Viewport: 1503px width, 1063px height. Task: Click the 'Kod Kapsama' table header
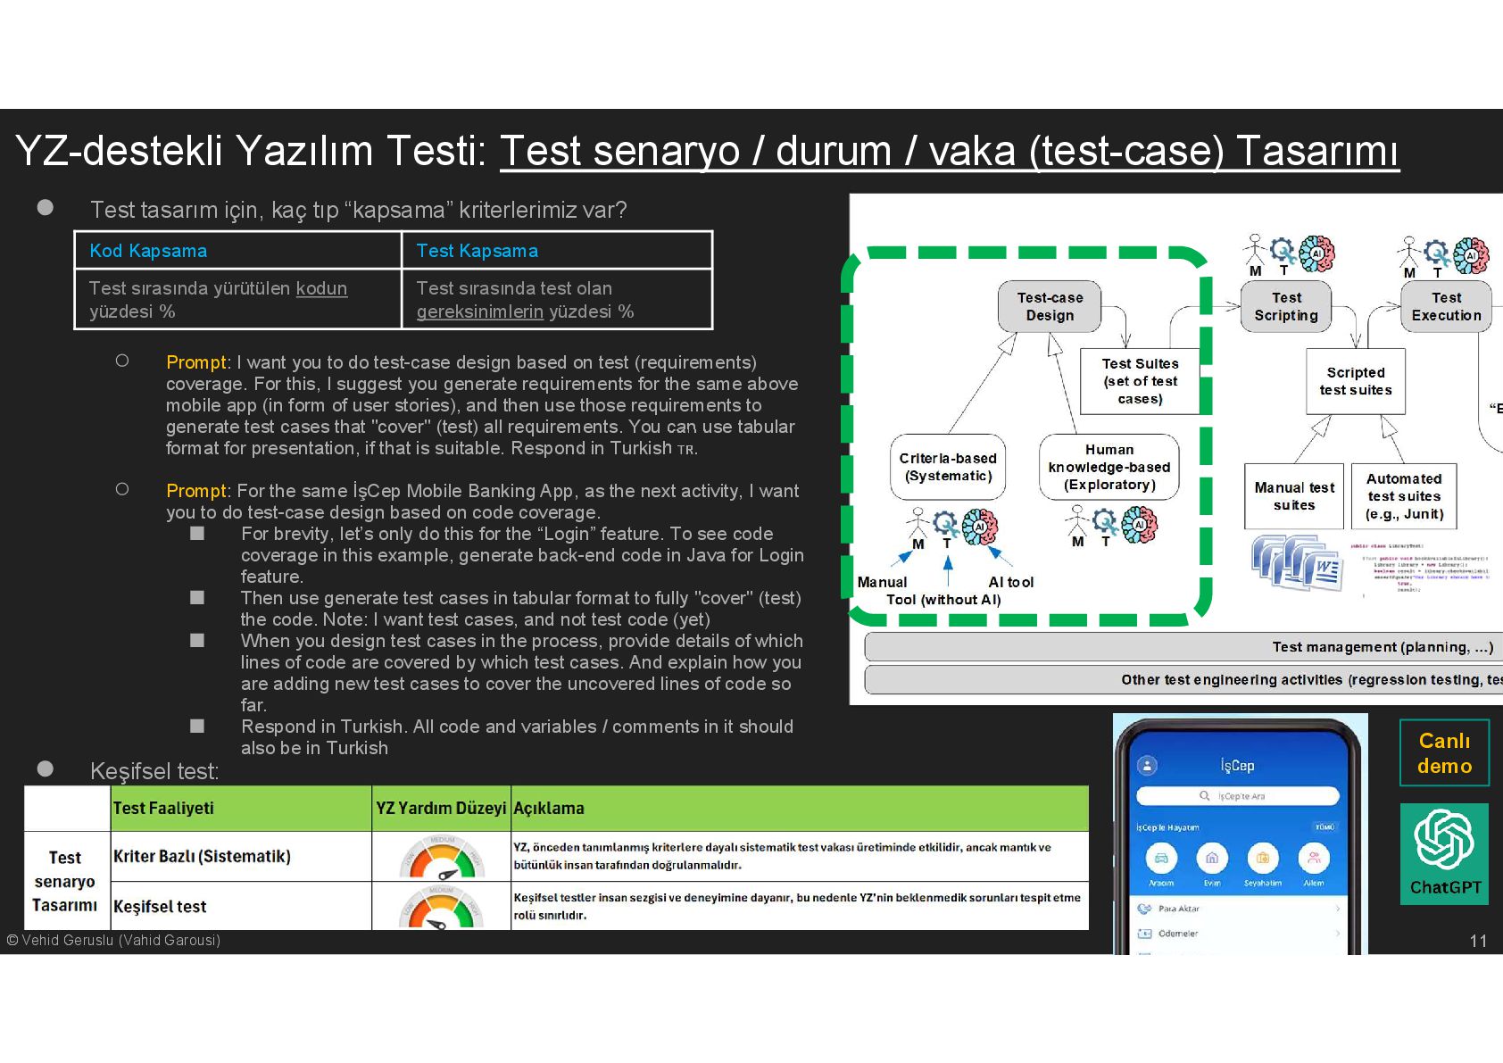click(148, 251)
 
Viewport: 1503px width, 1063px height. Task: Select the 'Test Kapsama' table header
click(477, 251)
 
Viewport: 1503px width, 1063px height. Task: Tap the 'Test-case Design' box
click(1050, 306)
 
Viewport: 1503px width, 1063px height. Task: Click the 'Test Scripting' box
click(1285, 306)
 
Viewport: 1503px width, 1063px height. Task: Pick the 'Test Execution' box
click(1446, 306)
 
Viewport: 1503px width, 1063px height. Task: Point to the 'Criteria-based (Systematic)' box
click(948, 467)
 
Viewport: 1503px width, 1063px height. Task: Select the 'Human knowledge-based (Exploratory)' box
click(1109, 467)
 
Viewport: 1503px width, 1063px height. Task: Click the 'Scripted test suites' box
click(1356, 381)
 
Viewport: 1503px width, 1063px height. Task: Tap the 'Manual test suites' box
click(1294, 496)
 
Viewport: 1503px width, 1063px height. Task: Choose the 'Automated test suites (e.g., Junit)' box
click(1404, 496)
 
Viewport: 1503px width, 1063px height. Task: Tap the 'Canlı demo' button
click(1444, 753)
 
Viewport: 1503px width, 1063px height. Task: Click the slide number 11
click(1478, 941)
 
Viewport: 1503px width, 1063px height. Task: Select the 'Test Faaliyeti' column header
click(163, 808)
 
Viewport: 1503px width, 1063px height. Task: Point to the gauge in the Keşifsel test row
click(441, 908)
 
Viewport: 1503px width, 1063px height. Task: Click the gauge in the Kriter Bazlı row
click(441, 857)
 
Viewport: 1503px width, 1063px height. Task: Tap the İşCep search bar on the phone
click(1237, 795)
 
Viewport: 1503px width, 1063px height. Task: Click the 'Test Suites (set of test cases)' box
click(1140, 381)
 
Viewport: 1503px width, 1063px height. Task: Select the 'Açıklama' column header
click(549, 808)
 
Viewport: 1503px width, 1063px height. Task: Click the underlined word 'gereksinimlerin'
click(479, 311)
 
